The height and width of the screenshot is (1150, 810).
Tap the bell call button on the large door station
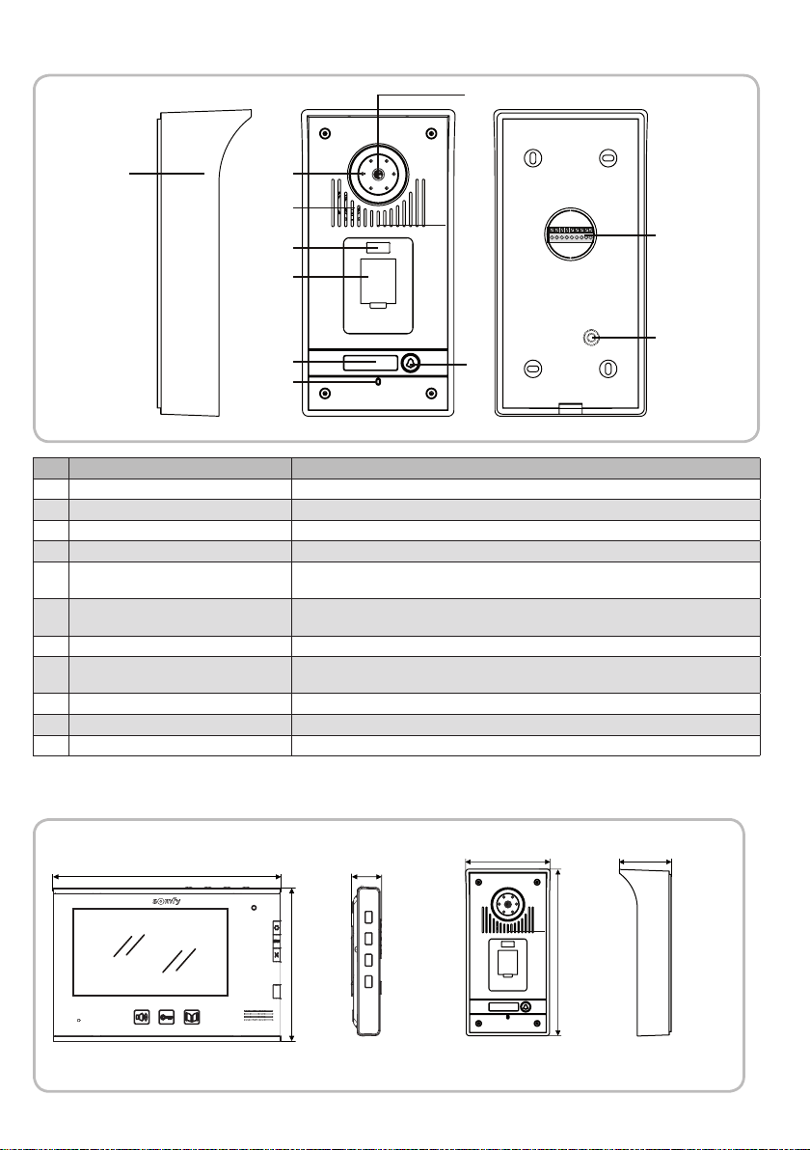(x=411, y=363)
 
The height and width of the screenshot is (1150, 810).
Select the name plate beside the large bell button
(x=369, y=363)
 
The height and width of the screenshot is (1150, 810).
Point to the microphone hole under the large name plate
(x=378, y=381)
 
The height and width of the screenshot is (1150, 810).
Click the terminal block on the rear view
(x=571, y=234)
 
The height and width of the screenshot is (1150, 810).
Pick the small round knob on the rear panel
(x=591, y=338)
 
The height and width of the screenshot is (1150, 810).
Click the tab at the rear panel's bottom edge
(x=571, y=408)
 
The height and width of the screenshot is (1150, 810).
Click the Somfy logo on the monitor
(x=167, y=900)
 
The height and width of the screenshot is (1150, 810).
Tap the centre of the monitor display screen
(x=150, y=952)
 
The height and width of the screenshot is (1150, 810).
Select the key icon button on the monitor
(x=167, y=1017)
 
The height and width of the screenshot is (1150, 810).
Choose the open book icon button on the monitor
(x=191, y=1017)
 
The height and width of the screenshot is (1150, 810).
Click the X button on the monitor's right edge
(x=277, y=955)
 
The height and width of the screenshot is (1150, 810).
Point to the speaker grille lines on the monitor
(x=257, y=1017)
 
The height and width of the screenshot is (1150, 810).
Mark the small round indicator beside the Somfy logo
(x=255, y=908)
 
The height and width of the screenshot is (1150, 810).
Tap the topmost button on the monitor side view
(x=368, y=917)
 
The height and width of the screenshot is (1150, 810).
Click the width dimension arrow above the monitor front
(x=167, y=876)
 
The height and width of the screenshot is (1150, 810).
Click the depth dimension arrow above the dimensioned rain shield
(x=645, y=862)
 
